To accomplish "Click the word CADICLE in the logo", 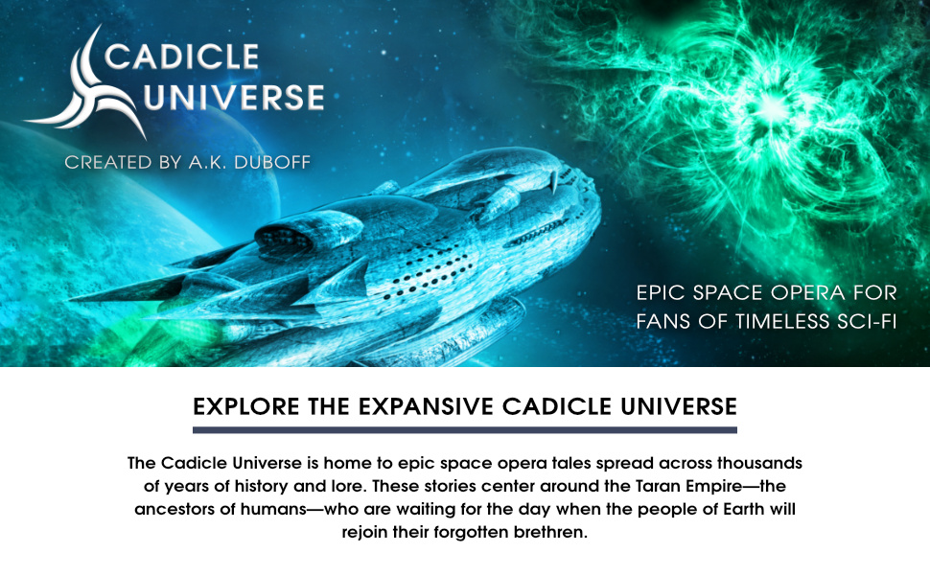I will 182,57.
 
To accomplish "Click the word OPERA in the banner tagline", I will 809,292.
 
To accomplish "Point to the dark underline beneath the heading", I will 465,430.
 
